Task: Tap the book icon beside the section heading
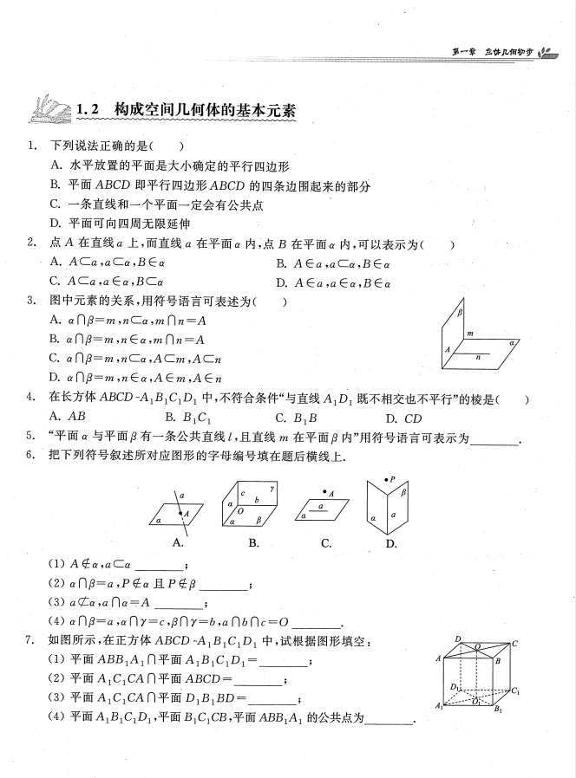[49, 110]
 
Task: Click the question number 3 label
[30, 301]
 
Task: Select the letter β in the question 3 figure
[461, 314]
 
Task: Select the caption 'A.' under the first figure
[179, 543]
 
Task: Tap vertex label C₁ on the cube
[515, 690]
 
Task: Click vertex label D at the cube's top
[457, 639]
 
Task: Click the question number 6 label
[30, 457]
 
